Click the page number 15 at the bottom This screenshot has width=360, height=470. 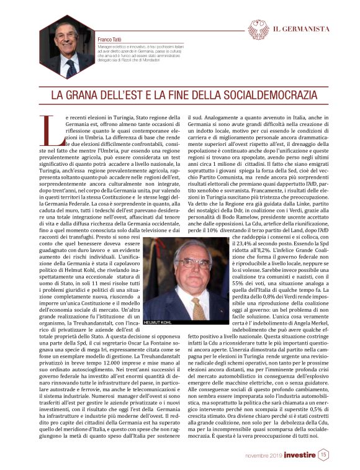323,454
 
